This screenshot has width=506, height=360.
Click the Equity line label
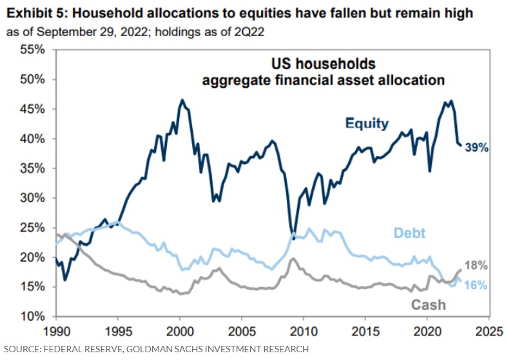tap(367, 123)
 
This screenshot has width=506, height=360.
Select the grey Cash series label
tap(428, 303)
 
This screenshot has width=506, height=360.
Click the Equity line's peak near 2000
tap(182, 100)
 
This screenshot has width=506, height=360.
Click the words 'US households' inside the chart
tap(322, 65)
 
